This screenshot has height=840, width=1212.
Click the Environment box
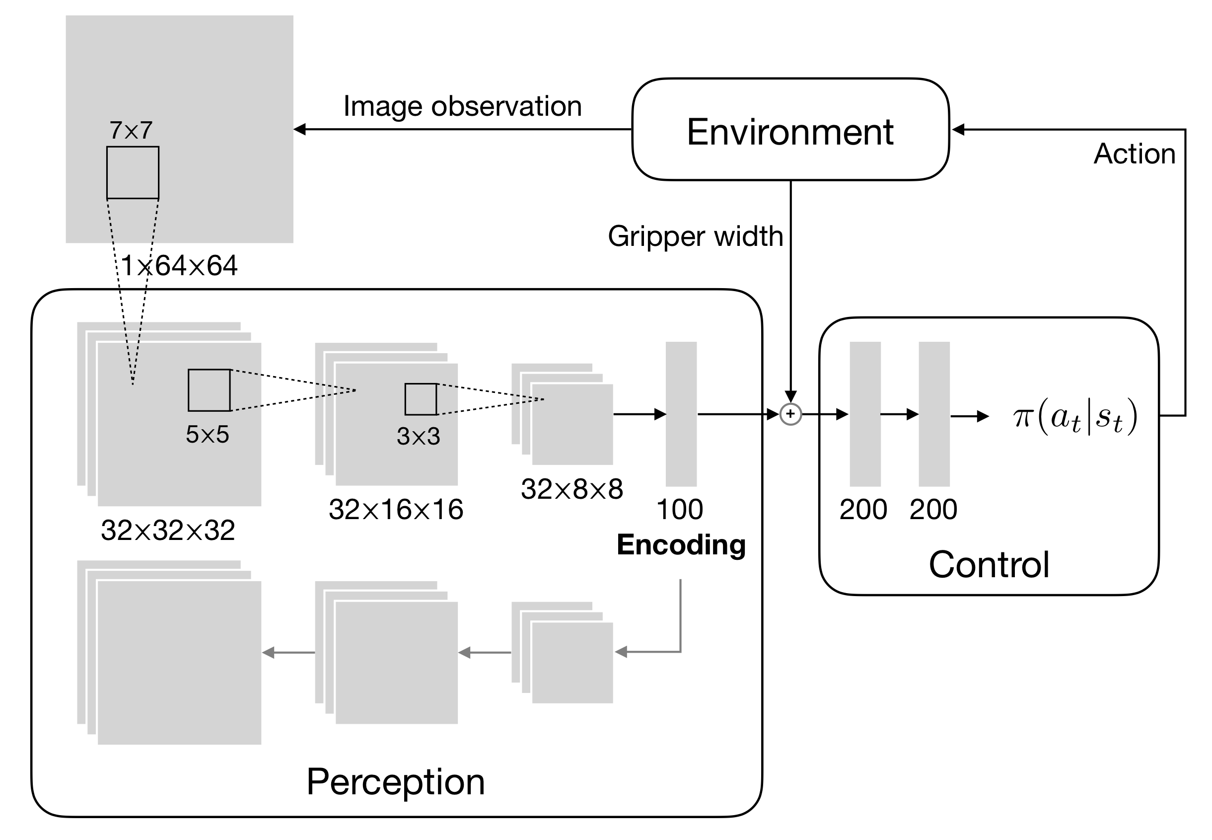point(789,130)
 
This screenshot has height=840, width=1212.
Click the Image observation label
point(462,106)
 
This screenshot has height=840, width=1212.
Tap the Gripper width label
point(695,236)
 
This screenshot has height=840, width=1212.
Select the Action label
point(1134,153)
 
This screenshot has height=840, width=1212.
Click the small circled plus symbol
point(790,414)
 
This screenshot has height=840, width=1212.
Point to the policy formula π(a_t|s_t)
point(1074,417)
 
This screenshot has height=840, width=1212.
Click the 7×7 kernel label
point(131,130)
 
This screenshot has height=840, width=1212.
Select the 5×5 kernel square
point(209,390)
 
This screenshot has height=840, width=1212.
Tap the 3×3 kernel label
point(418,436)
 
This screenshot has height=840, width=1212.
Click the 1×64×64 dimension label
point(179,265)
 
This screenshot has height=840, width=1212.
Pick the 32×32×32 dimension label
point(168,530)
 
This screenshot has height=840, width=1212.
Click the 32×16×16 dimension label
point(396,510)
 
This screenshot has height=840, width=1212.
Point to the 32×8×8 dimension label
point(572,489)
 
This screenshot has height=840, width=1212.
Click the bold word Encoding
point(681,545)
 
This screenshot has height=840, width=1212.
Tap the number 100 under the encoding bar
point(680,510)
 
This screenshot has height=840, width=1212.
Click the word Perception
point(395,781)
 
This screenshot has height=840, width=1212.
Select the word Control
point(989,565)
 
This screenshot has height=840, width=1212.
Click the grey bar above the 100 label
point(681,414)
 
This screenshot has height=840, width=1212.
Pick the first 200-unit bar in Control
point(865,414)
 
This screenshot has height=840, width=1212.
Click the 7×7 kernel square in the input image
point(133,173)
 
